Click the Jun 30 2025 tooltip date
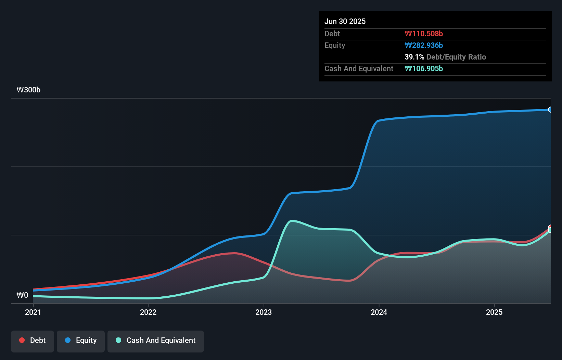point(345,21)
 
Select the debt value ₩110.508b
point(423,34)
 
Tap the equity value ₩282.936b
point(423,45)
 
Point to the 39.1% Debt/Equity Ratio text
point(445,57)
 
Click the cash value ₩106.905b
point(423,68)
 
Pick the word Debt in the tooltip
point(332,34)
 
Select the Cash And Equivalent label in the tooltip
point(359,68)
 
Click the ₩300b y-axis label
point(28,90)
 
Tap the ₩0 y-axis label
point(22,295)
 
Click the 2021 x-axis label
point(33,312)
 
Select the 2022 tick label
point(148,312)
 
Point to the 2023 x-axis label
point(264,312)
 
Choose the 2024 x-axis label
point(379,312)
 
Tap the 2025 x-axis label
point(494,312)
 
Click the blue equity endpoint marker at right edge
point(550,110)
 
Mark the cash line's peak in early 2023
point(292,221)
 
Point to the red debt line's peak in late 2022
point(235,253)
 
